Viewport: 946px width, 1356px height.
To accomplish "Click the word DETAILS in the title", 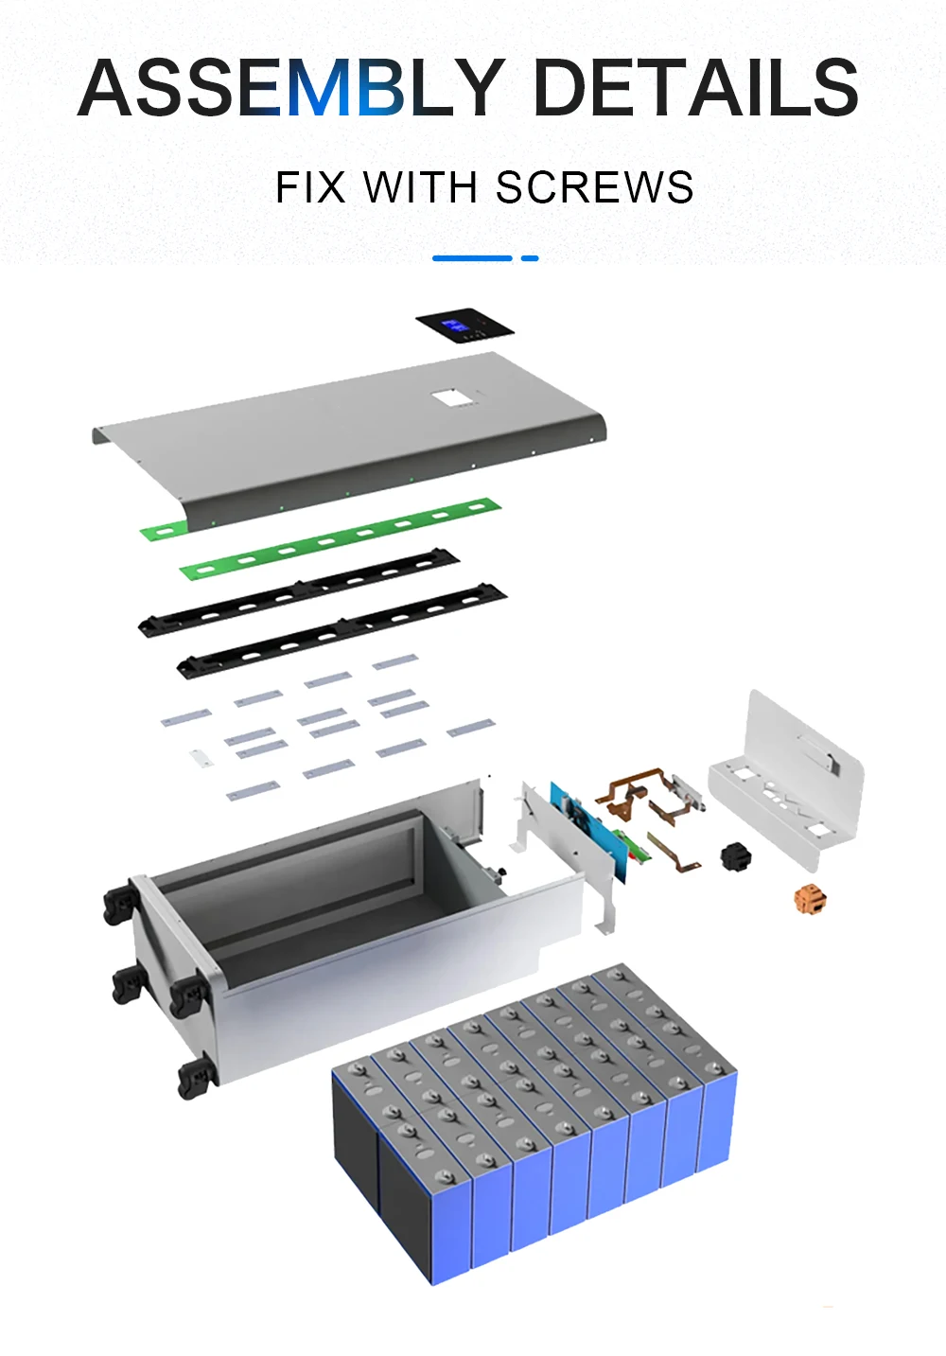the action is (696, 87).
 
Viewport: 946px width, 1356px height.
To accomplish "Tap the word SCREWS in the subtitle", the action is (594, 187).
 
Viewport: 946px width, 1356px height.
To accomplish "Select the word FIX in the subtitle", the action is (310, 187).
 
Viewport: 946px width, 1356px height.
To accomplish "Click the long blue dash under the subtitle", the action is (472, 258).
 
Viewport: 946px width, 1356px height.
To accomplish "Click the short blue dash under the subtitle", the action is (530, 258).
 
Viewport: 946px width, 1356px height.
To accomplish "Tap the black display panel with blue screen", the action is (464, 328).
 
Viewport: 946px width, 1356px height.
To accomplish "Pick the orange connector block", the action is (811, 900).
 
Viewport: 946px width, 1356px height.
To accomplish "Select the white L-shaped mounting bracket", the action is (787, 781).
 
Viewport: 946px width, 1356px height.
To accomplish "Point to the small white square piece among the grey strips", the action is (201, 758).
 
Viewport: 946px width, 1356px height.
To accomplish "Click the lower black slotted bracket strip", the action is (342, 631).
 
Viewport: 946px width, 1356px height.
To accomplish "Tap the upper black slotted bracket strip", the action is (298, 592).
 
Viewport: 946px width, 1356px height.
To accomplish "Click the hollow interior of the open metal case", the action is (315, 878).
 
